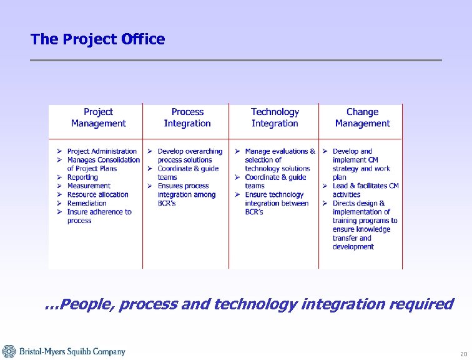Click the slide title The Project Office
(97, 39)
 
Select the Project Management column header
(98, 117)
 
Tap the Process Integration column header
(187, 117)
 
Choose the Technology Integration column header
(275, 117)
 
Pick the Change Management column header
(362, 117)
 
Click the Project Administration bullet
(101, 151)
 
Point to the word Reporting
(82, 177)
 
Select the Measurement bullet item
(88, 186)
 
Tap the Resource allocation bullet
(97, 194)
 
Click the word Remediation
(87, 203)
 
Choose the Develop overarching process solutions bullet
(189, 156)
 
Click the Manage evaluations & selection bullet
(279, 159)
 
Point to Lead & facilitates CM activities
(365, 190)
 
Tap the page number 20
(463, 354)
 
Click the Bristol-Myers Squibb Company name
(72, 352)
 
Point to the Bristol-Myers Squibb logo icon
(9, 351)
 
